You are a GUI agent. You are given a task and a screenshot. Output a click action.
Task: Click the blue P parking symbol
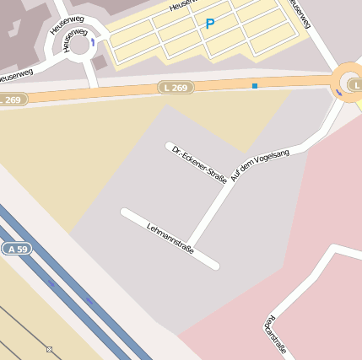pos(210,24)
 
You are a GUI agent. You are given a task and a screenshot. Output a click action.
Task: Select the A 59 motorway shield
pos(16,249)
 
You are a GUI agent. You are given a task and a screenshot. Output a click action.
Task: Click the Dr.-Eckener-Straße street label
pos(199,163)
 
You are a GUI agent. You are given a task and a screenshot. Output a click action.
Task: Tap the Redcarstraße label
pos(275,335)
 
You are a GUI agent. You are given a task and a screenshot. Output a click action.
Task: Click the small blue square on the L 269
pos(255,85)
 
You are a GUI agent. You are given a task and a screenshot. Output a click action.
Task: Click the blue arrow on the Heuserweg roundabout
pos(93,42)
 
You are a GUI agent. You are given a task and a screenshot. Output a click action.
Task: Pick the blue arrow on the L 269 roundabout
pos(339,92)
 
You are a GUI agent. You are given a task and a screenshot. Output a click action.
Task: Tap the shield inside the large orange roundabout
pos(356,85)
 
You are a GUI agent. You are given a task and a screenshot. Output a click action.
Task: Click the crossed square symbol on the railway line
pos(49,349)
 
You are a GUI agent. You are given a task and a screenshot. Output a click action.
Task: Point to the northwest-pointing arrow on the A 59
pos(52,285)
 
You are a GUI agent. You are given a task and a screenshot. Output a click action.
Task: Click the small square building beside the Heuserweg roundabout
pos(100,62)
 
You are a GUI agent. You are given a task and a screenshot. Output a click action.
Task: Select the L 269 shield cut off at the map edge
pos(12,99)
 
